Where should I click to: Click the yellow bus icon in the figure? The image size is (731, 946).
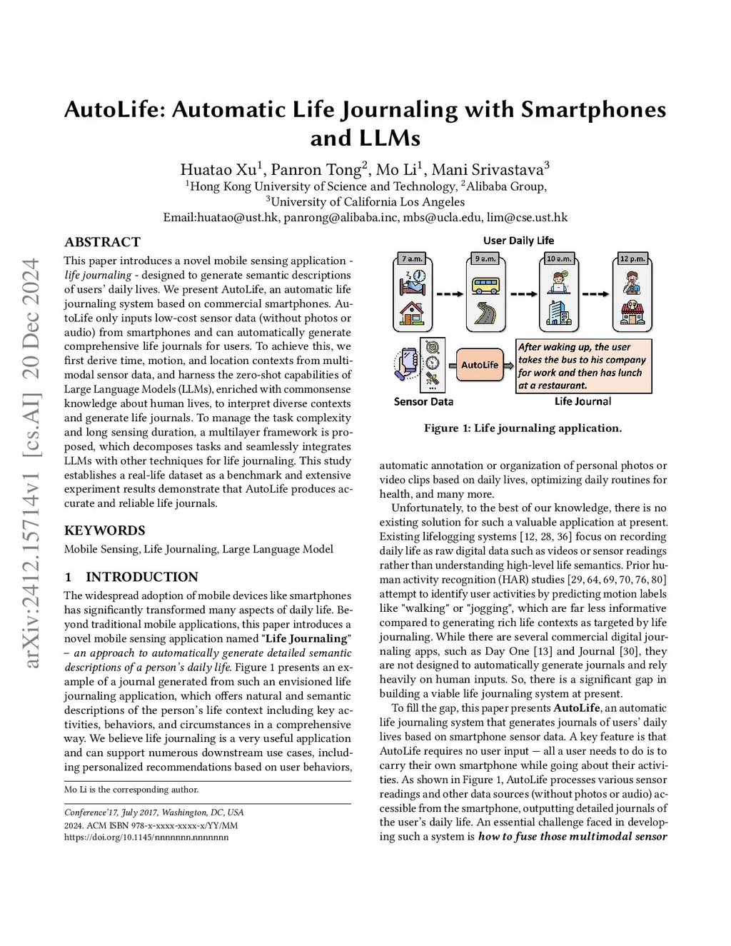click(x=486, y=286)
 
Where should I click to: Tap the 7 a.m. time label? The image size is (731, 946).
click(x=412, y=259)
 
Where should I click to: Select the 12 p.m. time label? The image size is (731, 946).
click(x=632, y=259)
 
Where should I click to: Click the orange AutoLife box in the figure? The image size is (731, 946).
click(x=479, y=365)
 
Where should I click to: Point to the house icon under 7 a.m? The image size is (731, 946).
click(x=412, y=313)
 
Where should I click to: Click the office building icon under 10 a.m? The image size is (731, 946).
click(x=558, y=313)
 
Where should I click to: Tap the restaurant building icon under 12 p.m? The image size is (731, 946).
click(x=632, y=312)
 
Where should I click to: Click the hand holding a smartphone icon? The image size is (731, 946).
click(x=405, y=363)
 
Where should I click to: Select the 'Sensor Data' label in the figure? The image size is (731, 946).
click(x=423, y=401)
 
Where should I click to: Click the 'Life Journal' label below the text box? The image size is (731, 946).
click(x=583, y=401)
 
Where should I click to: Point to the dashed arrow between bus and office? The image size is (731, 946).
click(x=524, y=293)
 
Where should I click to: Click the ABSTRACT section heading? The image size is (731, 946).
click(x=102, y=242)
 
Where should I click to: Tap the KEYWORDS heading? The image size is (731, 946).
click(x=104, y=530)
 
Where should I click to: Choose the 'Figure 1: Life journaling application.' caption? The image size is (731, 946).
click(x=523, y=428)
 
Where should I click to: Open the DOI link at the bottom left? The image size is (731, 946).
click(x=146, y=837)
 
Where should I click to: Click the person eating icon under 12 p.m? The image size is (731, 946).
click(x=632, y=283)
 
